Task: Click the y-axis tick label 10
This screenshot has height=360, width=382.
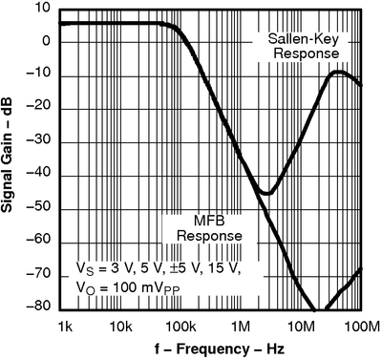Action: point(42,8)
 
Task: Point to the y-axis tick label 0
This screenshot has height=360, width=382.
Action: point(46,41)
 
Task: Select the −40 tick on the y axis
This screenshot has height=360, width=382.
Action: point(39,177)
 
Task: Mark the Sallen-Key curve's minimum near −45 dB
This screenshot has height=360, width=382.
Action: point(267,194)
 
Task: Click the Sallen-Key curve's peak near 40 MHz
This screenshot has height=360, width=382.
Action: point(335,72)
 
